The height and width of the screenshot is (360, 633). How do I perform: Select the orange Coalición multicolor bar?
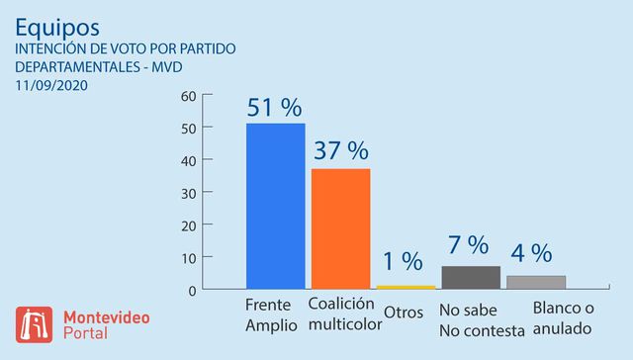click(x=340, y=228)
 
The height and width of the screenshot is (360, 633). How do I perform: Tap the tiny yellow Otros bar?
click(x=406, y=287)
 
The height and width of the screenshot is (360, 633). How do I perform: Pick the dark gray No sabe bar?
click(x=470, y=277)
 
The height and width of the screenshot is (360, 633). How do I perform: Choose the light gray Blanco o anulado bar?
click(x=535, y=282)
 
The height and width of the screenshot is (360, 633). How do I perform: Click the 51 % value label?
click(x=274, y=108)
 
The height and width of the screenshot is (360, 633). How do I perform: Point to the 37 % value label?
click(x=340, y=151)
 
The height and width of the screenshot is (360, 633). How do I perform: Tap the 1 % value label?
click(x=403, y=262)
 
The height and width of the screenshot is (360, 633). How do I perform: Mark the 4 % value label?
click(x=531, y=253)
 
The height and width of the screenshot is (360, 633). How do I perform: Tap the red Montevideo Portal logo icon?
click(x=34, y=324)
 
